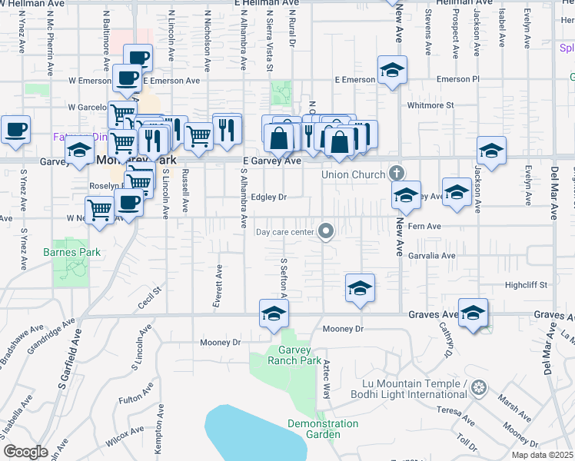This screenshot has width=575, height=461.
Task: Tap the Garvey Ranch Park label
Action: pyautogui.click(x=294, y=355)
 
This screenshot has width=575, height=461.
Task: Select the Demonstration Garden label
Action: pyautogui.click(x=323, y=429)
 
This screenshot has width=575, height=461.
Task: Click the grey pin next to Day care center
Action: pyautogui.click(x=327, y=230)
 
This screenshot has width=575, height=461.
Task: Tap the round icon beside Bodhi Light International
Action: pyautogui.click(x=480, y=386)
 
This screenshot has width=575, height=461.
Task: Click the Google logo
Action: pyautogui.click(x=25, y=452)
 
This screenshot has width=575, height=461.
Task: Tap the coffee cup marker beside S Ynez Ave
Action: pyautogui.click(x=15, y=129)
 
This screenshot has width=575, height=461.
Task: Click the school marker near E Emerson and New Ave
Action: pyautogui.click(x=392, y=71)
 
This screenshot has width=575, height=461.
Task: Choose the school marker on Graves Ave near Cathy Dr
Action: pyautogui.click(x=473, y=312)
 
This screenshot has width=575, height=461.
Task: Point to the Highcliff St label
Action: pyautogui.click(x=526, y=285)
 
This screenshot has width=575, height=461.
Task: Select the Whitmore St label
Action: pyautogui.click(x=430, y=105)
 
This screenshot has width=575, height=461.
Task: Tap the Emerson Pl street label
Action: pyautogui.click(x=457, y=79)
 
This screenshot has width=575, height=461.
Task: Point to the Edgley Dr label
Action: pyautogui.click(x=268, y=197)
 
